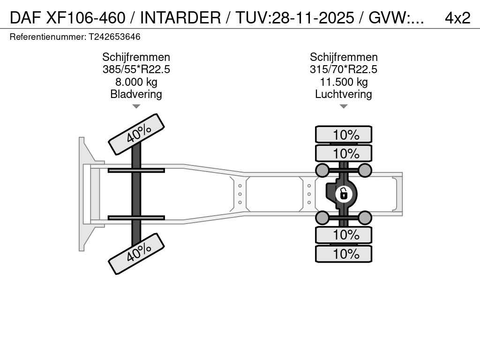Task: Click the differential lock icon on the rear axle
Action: (x=344, y=194)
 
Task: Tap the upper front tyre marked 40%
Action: (x=136, y=135)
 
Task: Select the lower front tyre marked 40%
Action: (x=136, y=254)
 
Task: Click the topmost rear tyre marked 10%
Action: (x=344, y=135)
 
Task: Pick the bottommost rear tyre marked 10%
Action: (x=344, y=254)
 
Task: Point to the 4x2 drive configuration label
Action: (x=457, y=18)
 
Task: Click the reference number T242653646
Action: (x=114, y=37)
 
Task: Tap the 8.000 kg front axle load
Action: (x=136, y=82)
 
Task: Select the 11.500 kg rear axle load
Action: (x=344, y=82)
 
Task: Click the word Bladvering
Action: (x=136, y=94)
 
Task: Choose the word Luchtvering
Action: (x=344, y=94)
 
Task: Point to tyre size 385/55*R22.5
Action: (x=136, y=69)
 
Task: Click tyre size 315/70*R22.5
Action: (x=344, y=69)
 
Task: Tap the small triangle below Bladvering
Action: (x=136, y=106)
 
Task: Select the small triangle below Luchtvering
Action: (x=344, y=106)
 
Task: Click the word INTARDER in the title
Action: (x=180, y=18)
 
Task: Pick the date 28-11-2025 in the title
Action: (x=313, y=18)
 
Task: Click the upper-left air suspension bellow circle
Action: (x=322, y=170)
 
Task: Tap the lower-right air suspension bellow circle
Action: (x=365, y=218)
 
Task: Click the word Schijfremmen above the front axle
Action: (x=136, y=57)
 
